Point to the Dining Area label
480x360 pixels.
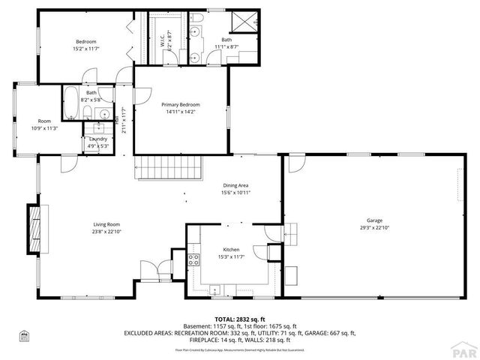pos(235,185)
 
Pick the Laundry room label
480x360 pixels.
pos(97,139)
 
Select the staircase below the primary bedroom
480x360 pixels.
pos(169,168)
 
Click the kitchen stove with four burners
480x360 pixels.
pos(193,261)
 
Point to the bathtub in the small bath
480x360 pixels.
pos(70,103)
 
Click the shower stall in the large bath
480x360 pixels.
pos(243,20)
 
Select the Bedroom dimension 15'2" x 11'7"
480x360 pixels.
pos(86,49)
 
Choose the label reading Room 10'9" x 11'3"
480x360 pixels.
pos(45,124)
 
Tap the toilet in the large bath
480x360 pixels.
pos(196,16)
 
